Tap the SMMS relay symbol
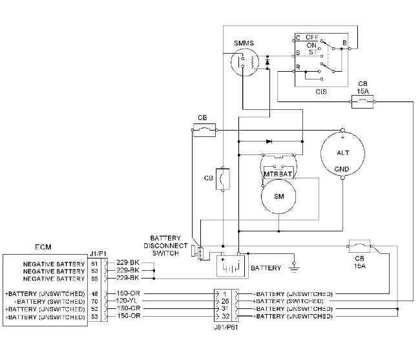click(244, 63)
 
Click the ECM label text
click(44, 248)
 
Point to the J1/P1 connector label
click(98, 253)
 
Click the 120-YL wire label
click(127, 301)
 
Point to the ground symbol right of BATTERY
click(295, 263)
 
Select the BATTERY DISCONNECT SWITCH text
click(169, 245)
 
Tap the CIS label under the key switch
click(321, 92)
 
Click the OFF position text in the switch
click(313, 37)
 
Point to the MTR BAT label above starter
click(279, 174)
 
